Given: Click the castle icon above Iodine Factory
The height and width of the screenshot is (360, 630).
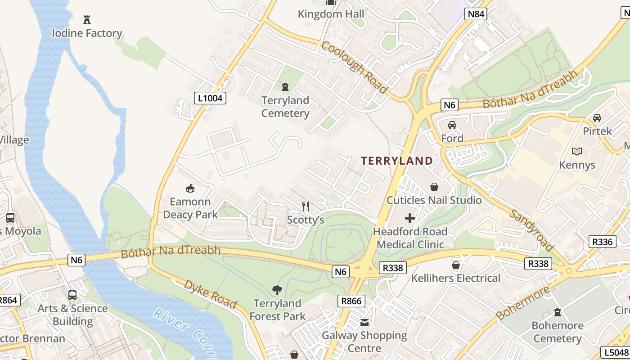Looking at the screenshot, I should click(x=87, y=20).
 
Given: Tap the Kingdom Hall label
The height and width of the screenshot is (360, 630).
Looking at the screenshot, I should click(x=331, y=14).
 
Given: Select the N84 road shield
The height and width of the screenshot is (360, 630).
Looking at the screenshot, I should click(x=476, y=14).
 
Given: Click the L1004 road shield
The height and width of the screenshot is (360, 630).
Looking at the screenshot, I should click(x=210, y=98).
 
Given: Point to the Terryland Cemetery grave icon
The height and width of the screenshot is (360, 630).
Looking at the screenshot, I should click(x=285, y=86).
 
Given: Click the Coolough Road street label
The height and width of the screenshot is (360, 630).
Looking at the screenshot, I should click(x=354, y=67).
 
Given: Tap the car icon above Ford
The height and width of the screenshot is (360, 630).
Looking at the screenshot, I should click(x=452, y=125).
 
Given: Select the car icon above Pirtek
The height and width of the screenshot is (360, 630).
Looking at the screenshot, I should click(x=597, y=118).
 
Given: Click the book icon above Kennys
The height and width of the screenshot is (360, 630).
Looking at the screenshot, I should click(x=577, y=152).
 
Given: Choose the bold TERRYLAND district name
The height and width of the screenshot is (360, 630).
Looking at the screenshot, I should click(x=396, y=161).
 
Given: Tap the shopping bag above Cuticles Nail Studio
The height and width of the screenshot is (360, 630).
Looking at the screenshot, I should click(x=434, y=187).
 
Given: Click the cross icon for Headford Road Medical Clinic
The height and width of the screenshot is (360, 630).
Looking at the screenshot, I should click(x=410, y=219).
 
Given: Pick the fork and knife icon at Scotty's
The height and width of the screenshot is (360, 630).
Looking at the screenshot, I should click(x=306, y=207).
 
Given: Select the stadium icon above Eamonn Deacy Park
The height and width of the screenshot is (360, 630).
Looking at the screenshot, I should click(x=190, y=188).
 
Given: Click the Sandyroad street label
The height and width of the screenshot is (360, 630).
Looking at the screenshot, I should click(x=531, y=230).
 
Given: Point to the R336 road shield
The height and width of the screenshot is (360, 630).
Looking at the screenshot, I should click(x=602, y=242).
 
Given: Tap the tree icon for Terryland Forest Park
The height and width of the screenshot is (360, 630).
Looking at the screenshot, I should click(x=277, y=290).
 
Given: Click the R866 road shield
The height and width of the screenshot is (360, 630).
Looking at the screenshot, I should click(x=351, y=301).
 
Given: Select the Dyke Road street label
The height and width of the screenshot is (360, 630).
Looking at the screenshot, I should click(x=210, y=294).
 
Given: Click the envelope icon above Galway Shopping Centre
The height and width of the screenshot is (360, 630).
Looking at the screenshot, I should click(x=364, y=322).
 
